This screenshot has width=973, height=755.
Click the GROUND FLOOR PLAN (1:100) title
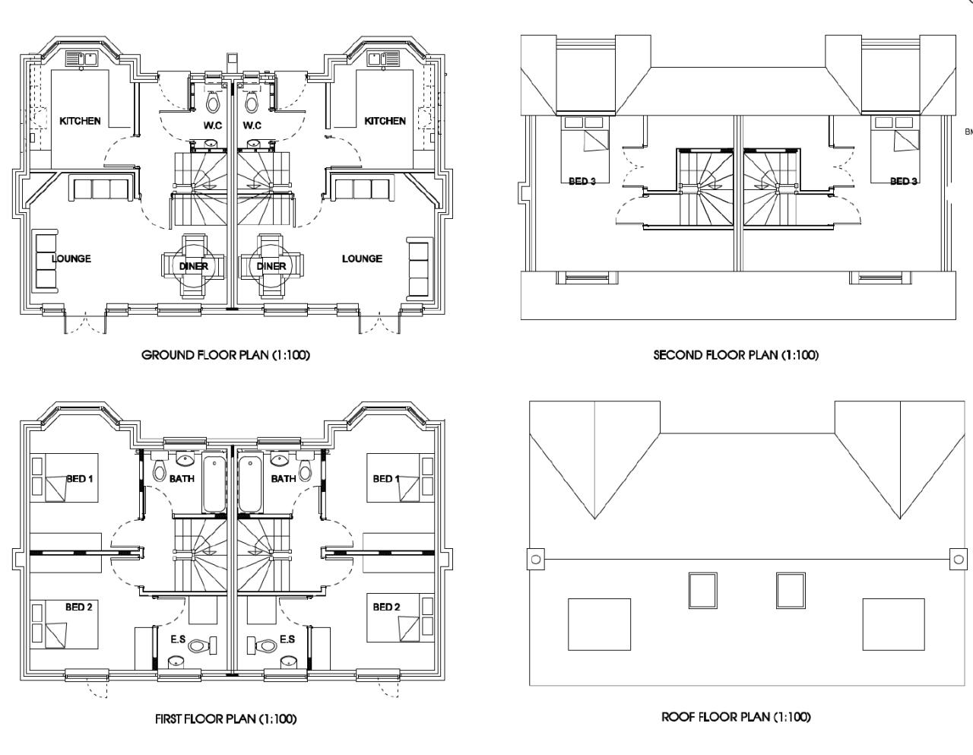tap(226, 355)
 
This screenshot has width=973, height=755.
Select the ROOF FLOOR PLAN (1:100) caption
tap(736, 717)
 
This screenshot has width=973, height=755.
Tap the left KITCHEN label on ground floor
tap(80, 121)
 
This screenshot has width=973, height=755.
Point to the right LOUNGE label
tap(362, 259)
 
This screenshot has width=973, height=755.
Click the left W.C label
tap(212, 125)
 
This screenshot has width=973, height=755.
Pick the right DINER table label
tap(271, 266)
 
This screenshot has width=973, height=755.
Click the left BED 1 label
tap(79, 479)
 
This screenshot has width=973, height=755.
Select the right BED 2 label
tap(386, 607)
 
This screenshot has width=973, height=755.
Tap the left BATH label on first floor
tap(182, 479)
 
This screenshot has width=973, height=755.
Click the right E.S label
tap(287, 639)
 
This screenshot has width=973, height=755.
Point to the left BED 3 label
tap(582, 181)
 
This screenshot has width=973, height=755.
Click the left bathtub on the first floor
tap(214, 485)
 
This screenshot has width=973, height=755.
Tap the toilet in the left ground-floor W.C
tap(213, 101)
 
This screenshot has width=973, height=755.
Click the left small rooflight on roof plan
tap(703, 590)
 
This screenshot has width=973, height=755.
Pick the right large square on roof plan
tap(894, 624)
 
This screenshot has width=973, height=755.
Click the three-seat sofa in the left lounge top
tap(100, 189)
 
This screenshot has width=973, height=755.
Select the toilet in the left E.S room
tap(198, 646)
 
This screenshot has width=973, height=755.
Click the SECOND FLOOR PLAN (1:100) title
tap(736, 355)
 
